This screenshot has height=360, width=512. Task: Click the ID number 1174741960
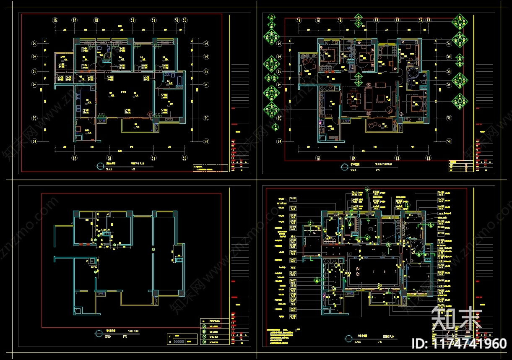click(x=460, y=344)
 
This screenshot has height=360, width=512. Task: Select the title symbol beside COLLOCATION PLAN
click(x=343, y=166)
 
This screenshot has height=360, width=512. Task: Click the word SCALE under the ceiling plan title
click(x=357, y=341)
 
